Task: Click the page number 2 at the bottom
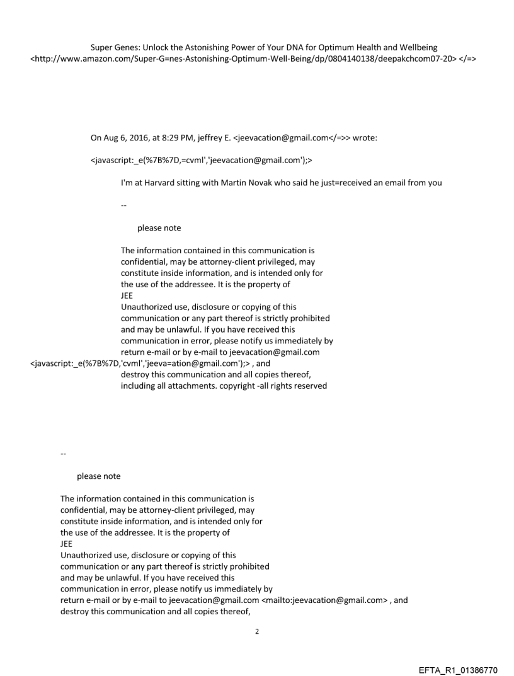coord(256,631)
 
